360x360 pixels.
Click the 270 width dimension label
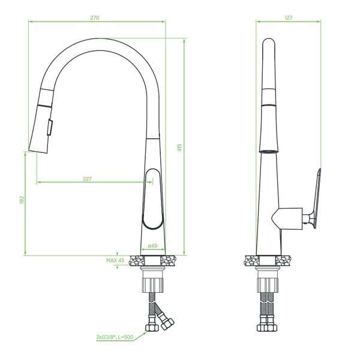click(x=95, y=17)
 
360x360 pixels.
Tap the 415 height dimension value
click(x=179, y=148)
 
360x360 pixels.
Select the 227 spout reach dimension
click(x=87, y=179)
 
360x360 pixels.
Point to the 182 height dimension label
click(x=22, y=200)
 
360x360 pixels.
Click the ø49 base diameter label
click(x=152, y=245)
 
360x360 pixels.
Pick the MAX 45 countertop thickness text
click(x=115, y=260)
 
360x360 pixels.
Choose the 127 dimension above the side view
click(x=289, y=17)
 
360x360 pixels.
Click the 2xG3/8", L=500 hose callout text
click(x=115, y=337)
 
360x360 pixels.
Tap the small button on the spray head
click(x=50, y=127)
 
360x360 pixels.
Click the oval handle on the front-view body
click(x=152, y=199)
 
